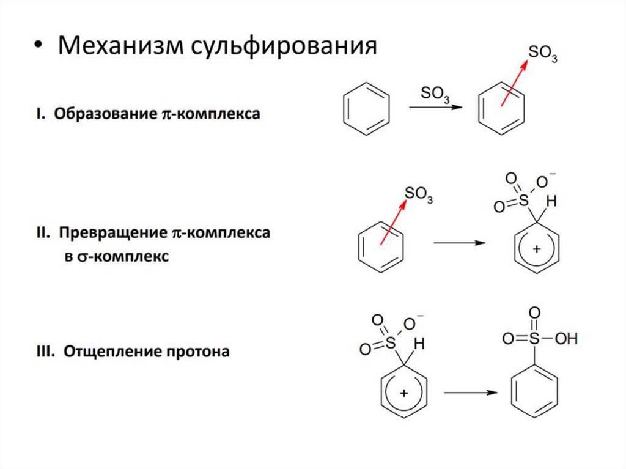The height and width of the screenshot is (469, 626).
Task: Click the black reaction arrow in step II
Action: tap(458, 243)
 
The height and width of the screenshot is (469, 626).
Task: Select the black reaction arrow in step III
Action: tap(469, 392)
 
